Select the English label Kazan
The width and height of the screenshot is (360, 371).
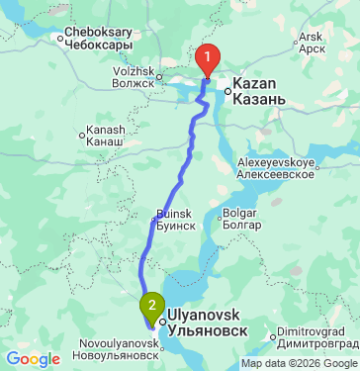pos(253,85)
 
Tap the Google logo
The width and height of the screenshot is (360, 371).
pos(33,358)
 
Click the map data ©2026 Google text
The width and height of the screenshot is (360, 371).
pos(299,363)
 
